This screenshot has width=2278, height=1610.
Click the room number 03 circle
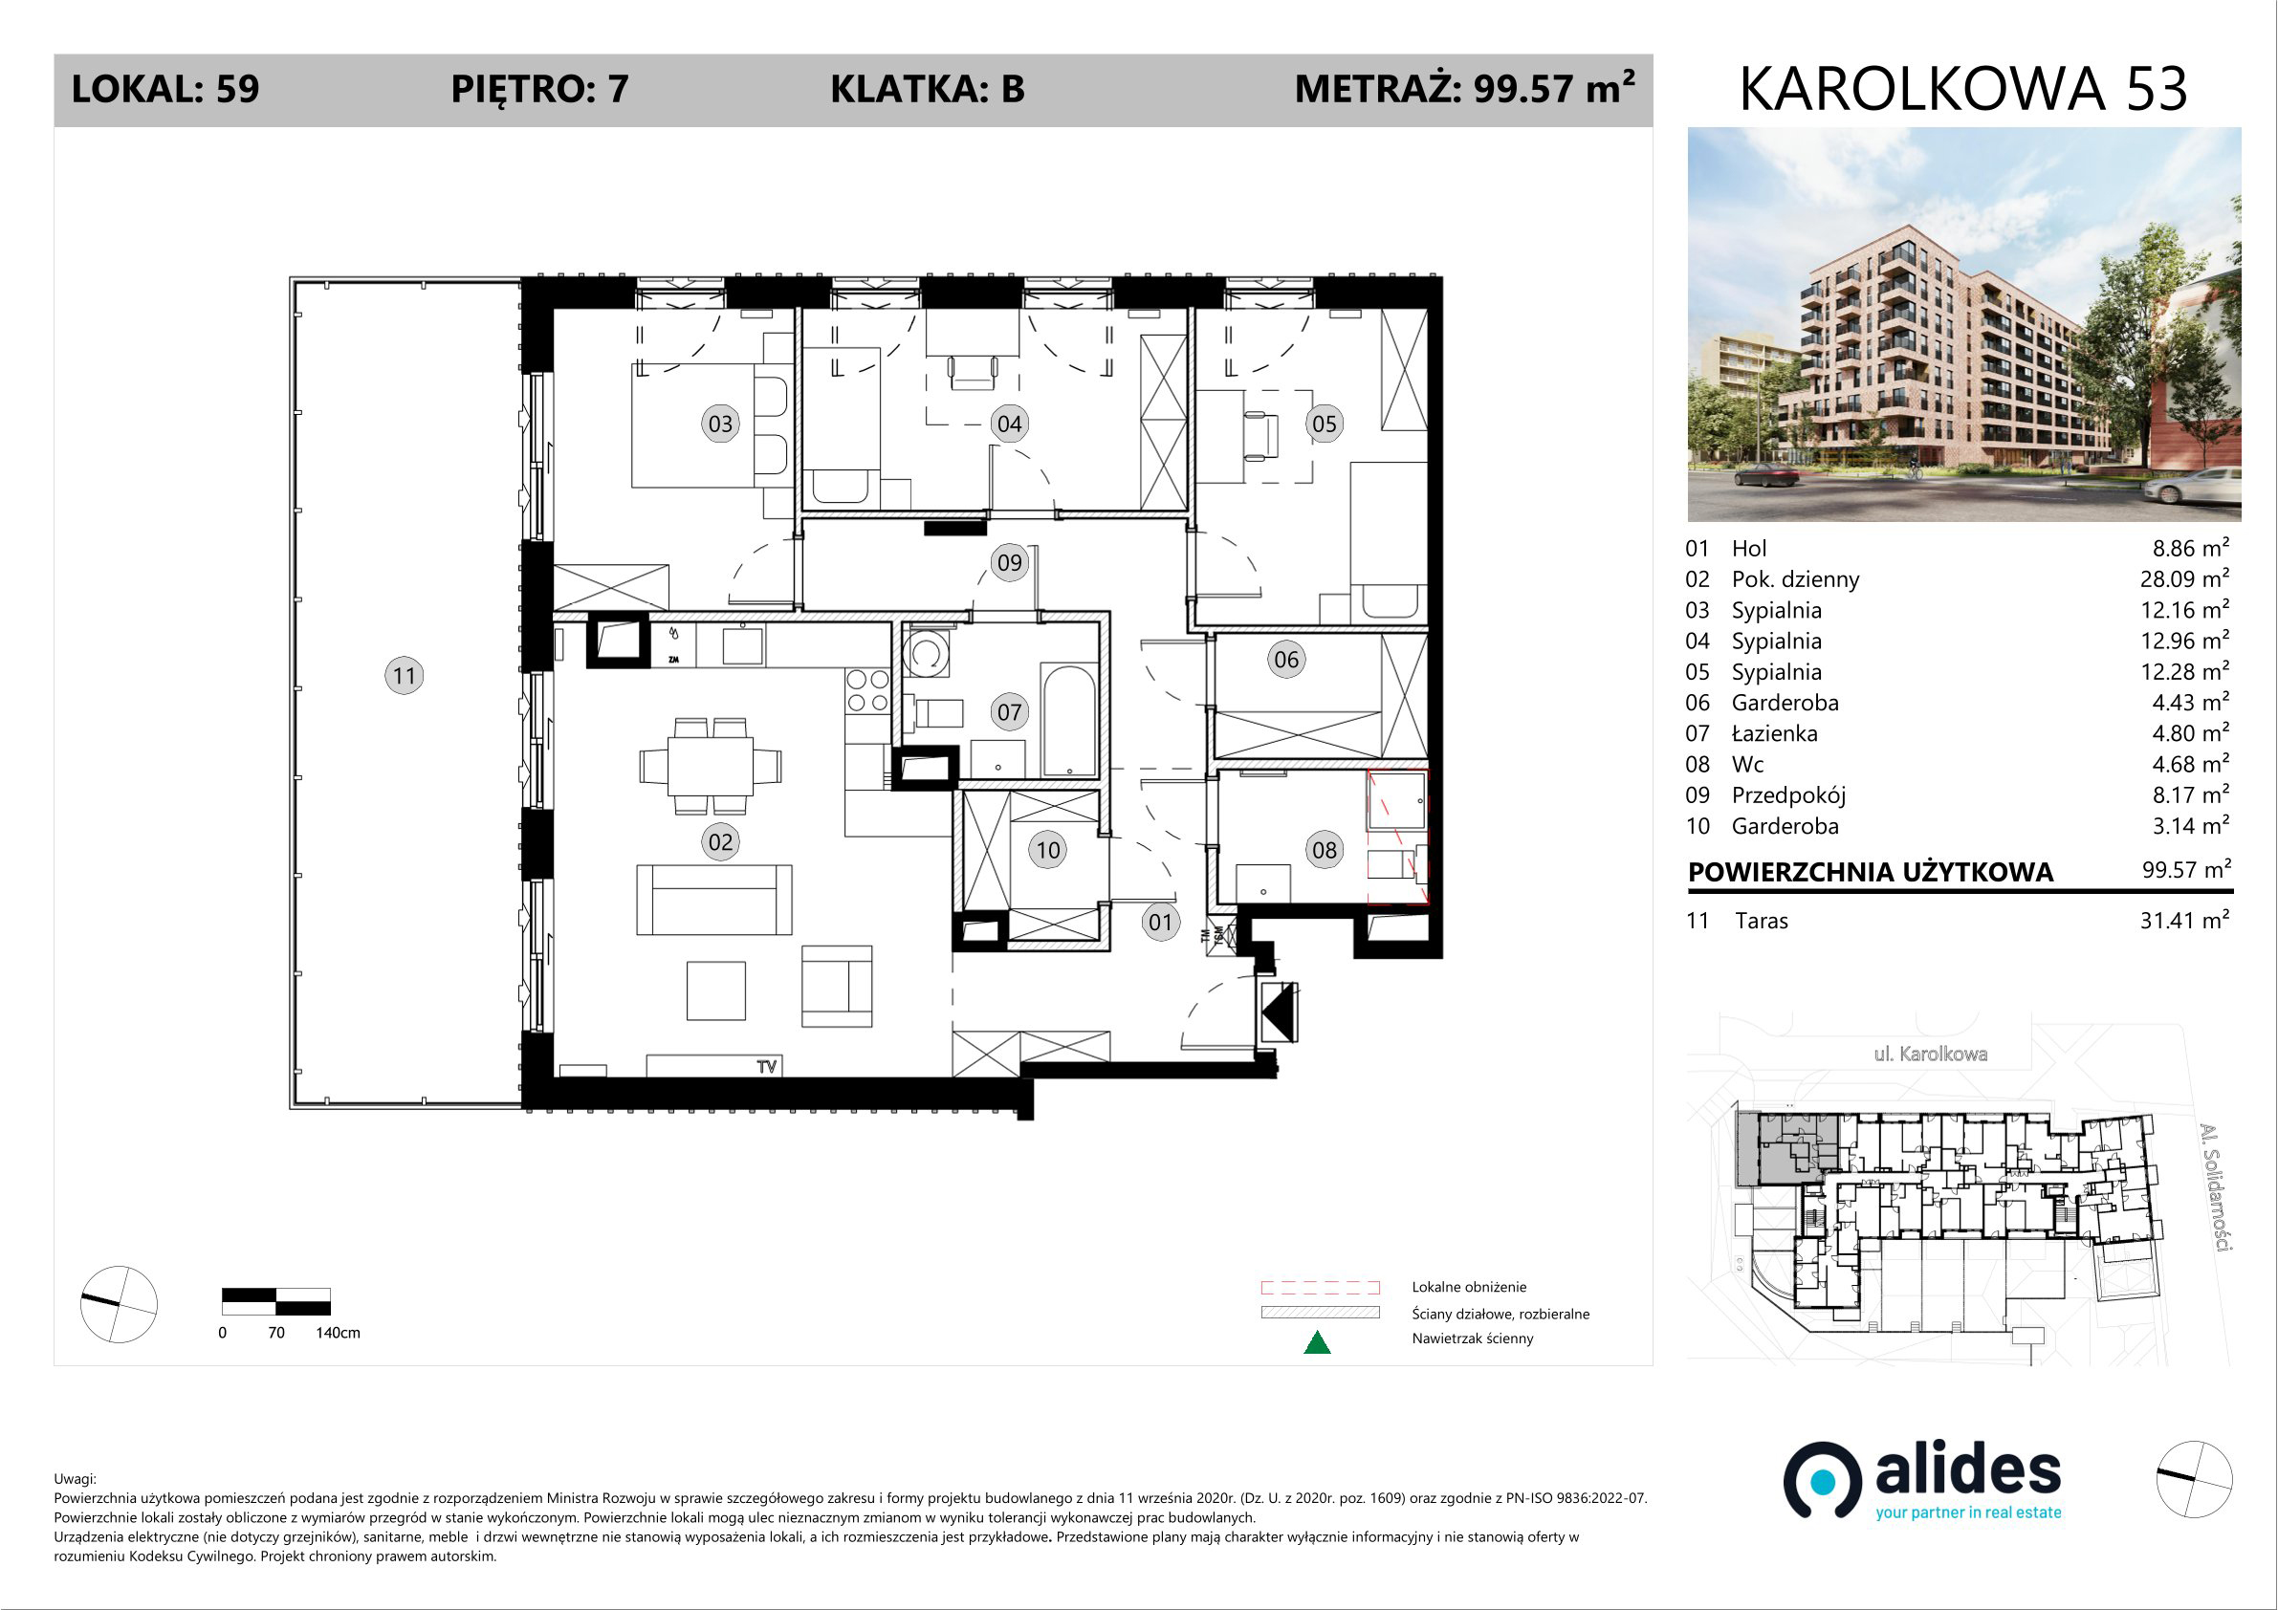pos(720,424)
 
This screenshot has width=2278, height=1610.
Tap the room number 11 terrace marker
pos(404,676)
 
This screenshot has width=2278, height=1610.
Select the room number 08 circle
pos(1325,849)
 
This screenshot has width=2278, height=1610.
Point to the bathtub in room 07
pos(1068,720)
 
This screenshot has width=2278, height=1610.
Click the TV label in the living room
pos(767,1066)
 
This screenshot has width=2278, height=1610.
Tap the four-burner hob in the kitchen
pos(867,690)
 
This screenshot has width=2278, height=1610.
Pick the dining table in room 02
pos(711,766)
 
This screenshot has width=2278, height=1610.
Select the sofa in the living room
pos(714,900)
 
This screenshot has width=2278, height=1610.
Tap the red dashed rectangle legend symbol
pos(1320,1288)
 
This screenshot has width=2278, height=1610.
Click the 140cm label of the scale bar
pos(339,1332)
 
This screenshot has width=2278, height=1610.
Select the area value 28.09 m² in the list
pos(2184,578)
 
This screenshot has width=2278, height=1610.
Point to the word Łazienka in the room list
pos(1775,733)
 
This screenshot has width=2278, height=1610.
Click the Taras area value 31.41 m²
pos(2184,920)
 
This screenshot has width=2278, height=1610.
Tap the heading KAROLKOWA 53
pos(1963,89)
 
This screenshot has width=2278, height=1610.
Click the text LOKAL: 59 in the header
pos(165,89)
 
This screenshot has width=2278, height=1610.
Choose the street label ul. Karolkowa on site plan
pos(1931,1054)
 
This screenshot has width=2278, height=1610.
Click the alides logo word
pos(1968,1471)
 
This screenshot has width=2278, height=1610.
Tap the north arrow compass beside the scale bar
pos(118,1304)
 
